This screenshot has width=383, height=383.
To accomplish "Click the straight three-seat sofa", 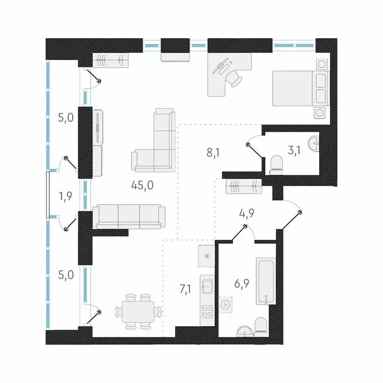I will coord(129,215).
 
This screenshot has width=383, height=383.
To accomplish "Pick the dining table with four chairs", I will coord(139,312).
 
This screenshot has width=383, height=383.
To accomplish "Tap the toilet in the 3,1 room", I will coord(276,165).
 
